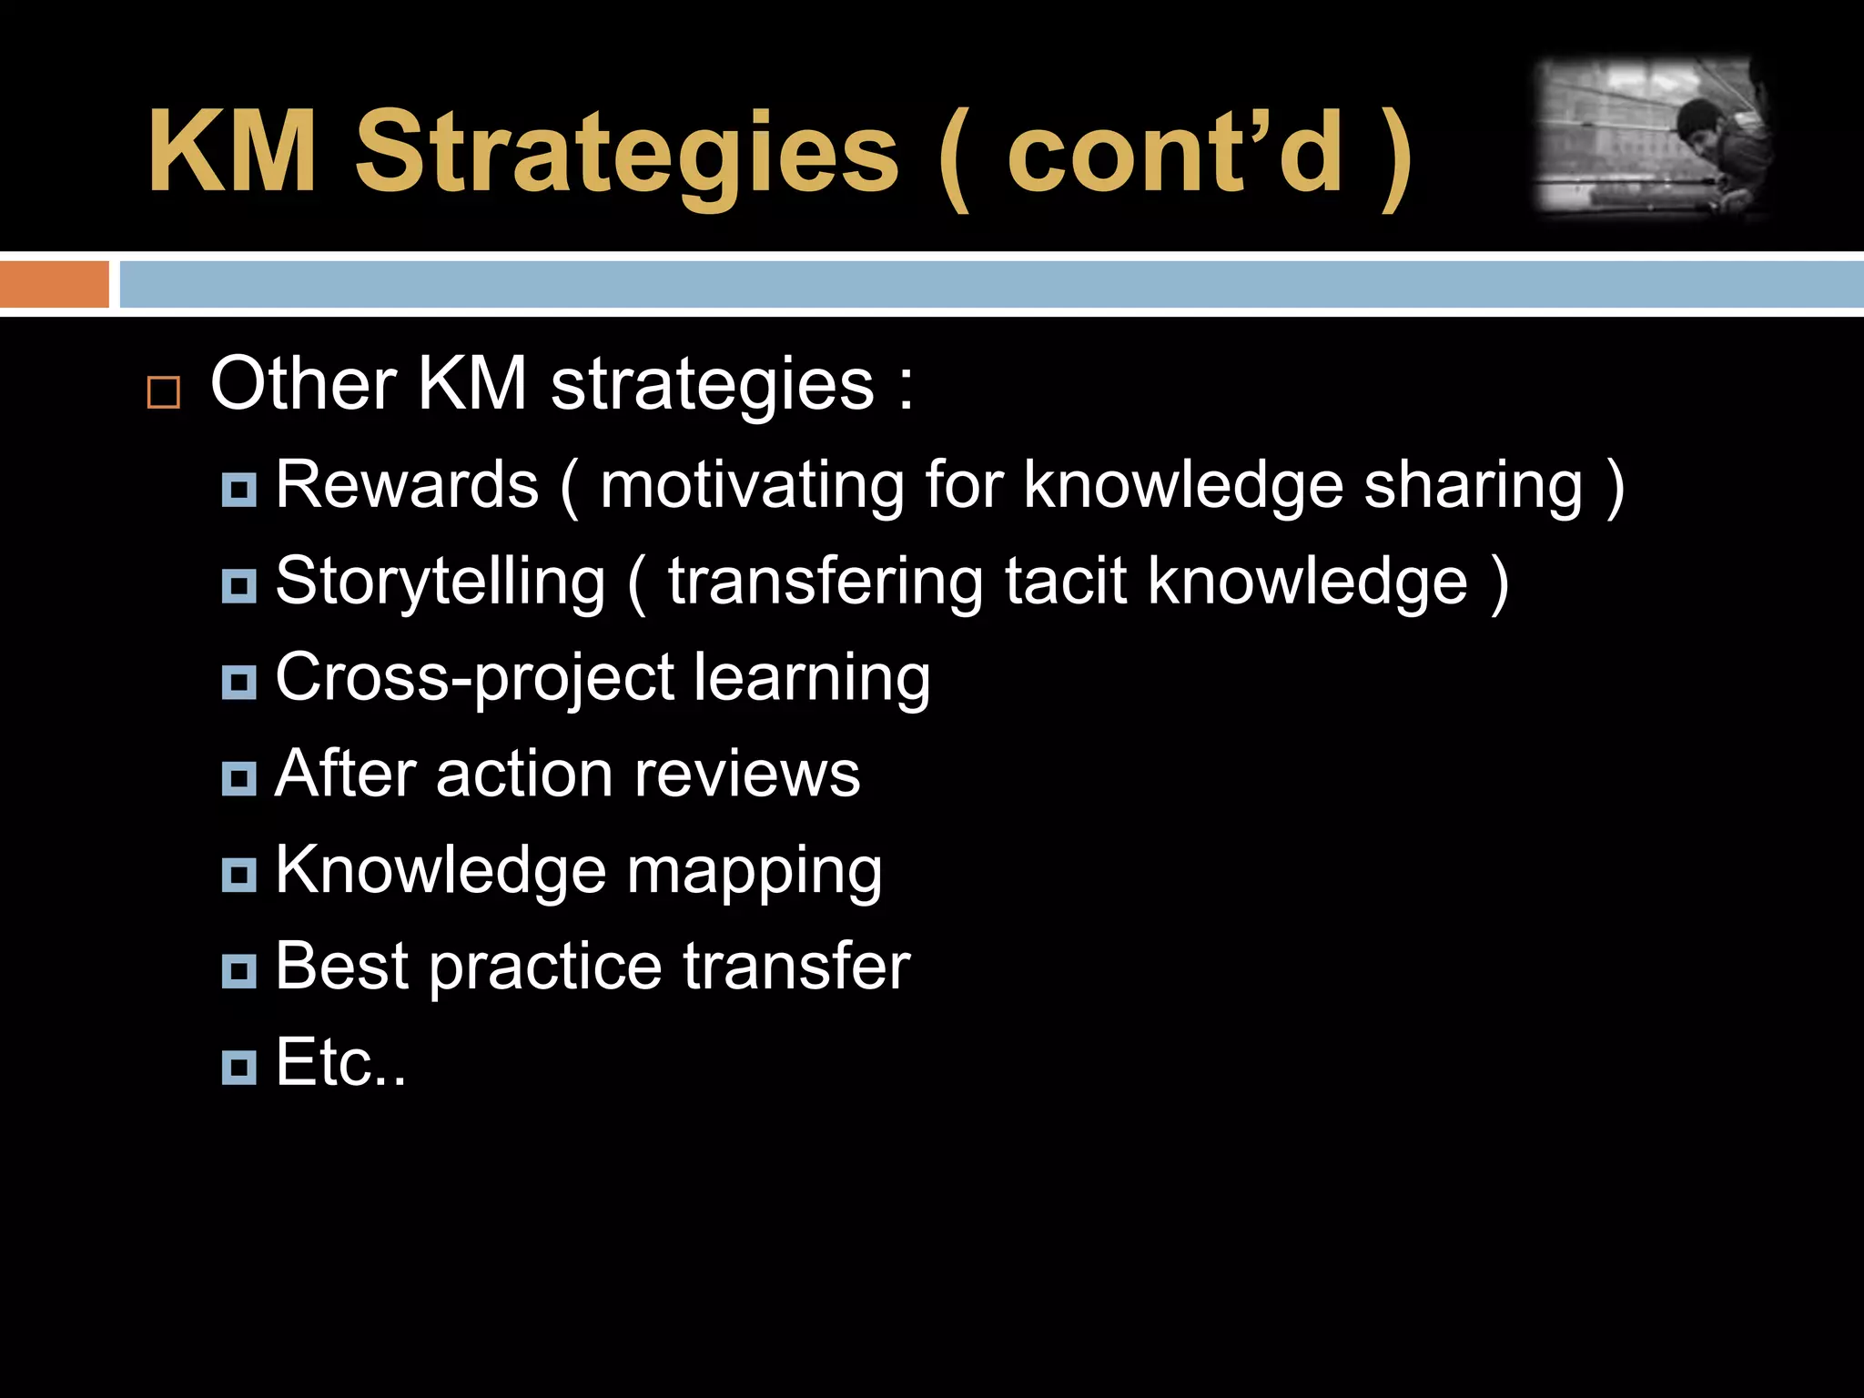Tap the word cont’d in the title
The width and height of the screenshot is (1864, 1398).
[1174, 153]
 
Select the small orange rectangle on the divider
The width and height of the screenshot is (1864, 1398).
[54, 284]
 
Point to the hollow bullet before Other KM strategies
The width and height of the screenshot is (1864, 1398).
[164, 392]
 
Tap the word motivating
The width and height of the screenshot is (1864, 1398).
[752, 486]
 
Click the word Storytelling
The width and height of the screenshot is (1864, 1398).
[440, 582]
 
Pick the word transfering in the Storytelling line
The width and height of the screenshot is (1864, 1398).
[826, 582]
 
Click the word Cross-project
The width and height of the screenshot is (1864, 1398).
[474, 679]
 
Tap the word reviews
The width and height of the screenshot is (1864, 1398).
[746, 775]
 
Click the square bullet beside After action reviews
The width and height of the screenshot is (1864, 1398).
[239, 778]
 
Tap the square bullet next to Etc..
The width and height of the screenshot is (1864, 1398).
[239, 1067]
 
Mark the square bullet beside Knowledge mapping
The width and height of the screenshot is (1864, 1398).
[239, 875]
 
